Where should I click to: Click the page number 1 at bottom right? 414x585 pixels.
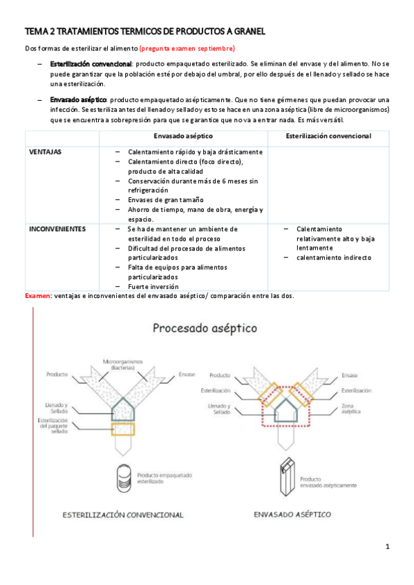click(388, 547)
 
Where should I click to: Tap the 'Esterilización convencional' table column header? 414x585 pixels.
click(328, 137)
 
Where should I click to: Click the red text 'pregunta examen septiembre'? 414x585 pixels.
click(187, 48)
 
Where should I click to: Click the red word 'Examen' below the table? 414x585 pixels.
click(38, 295)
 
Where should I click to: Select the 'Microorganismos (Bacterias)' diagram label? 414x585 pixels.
click(122, 364)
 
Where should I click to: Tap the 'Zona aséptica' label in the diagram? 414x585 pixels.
click(350, 413)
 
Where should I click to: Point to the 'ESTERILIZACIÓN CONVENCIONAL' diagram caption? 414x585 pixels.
click(123, 515)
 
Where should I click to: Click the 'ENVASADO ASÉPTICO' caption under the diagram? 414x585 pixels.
click(292, 515)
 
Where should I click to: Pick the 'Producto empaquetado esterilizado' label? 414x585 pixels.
click(164, 479)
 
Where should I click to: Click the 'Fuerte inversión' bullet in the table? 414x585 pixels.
click(153, 286)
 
